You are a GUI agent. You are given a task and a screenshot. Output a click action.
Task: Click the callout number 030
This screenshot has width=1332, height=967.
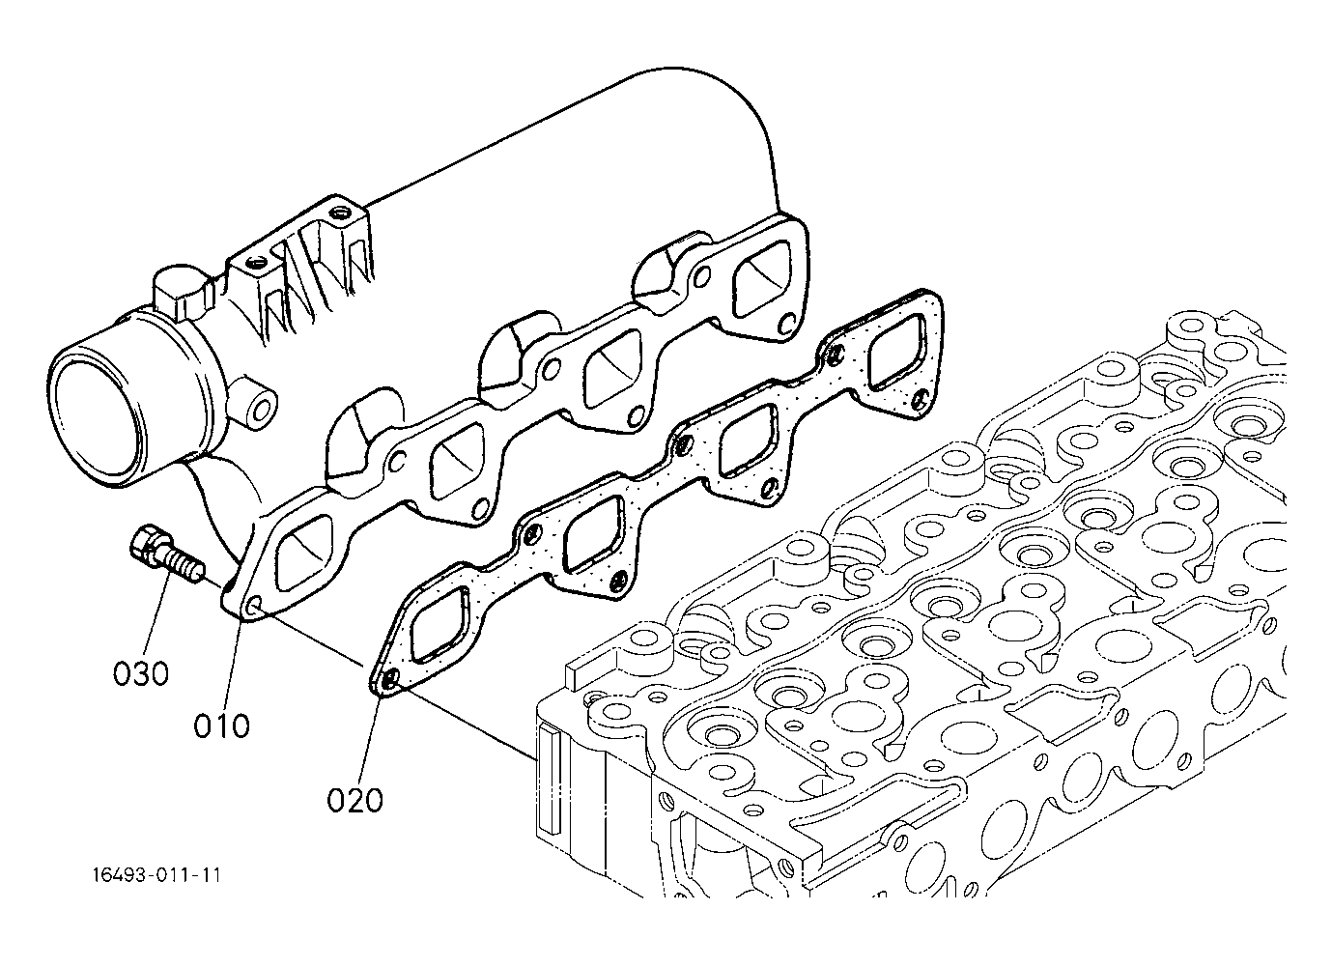pos(141,673)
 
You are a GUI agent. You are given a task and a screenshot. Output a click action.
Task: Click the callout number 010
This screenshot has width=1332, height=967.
pos(222,726)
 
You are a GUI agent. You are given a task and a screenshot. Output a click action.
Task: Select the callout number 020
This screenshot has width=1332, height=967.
pos(355,801)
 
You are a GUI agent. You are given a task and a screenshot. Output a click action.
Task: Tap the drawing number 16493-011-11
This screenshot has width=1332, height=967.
pos(157,875)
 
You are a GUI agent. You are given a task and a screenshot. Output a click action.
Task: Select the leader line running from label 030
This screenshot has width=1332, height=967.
pos(158,618)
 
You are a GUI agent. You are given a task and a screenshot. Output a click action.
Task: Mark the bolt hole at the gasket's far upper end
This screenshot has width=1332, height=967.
pos(836,356)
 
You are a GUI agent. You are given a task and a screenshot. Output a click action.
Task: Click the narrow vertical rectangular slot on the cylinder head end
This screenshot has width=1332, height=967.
pos(549,779)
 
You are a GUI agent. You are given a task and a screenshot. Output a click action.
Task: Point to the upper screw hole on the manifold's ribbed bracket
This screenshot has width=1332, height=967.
pos(341,212)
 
